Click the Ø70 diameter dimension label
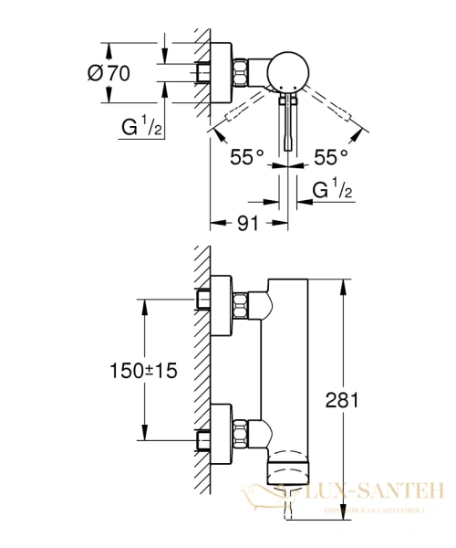tap(109, 75)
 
